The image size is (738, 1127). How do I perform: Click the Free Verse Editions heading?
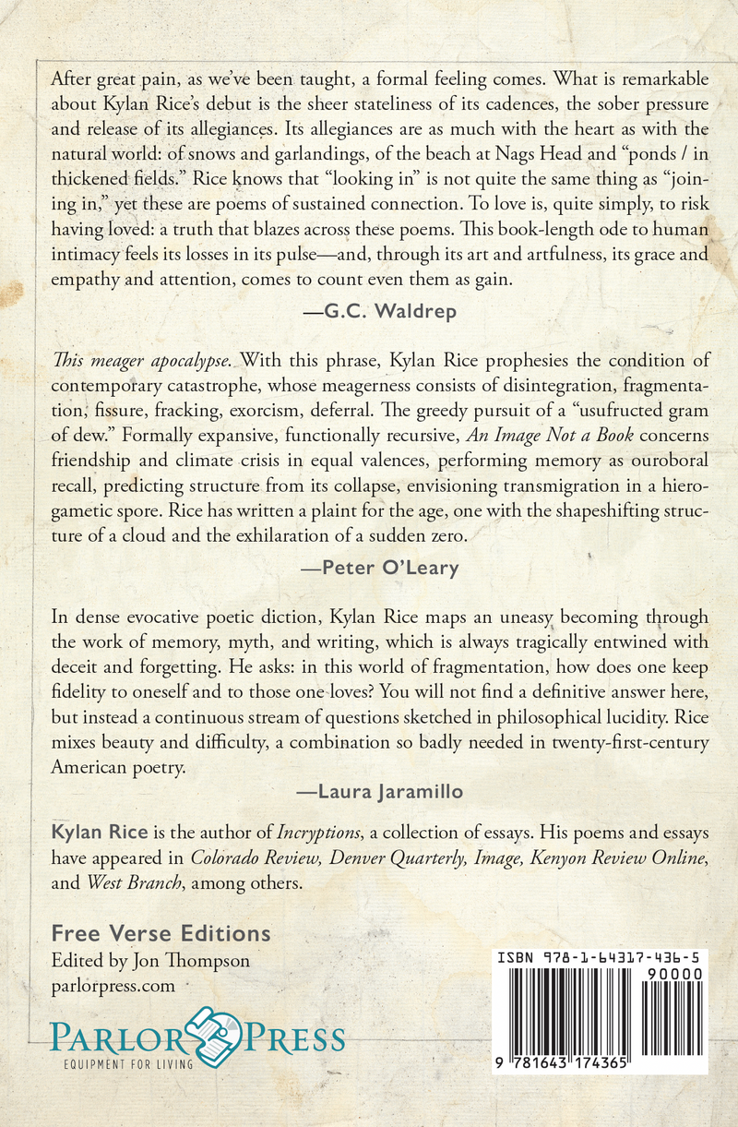click(161, 932)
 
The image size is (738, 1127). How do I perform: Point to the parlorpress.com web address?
click(113, 986)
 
